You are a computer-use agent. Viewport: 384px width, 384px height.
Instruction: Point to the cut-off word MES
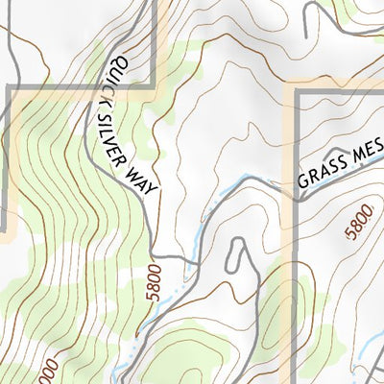tap(368, 150)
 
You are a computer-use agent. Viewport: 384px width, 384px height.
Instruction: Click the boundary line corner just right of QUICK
tap(155, 91)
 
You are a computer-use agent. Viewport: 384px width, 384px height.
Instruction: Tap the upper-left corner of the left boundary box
tap(10, 89)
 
